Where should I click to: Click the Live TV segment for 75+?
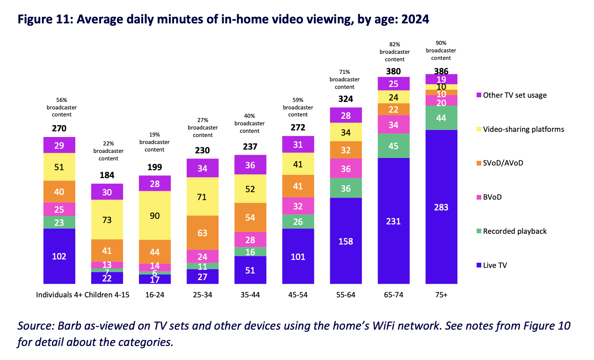[x=441, y=207]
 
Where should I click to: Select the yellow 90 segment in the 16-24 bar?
[x=155, y=216]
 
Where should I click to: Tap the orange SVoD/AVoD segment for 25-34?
[x=203, y=232]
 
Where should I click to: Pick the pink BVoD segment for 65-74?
[x=393, y=125]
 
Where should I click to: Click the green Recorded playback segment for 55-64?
[x=346, y=188]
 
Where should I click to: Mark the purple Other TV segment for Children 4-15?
[x=107, y=192]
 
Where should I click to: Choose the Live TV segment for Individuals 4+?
[x=59, y=256]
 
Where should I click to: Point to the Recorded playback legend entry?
[x=514, y=231]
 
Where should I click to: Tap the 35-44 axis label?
[x=250, y=295]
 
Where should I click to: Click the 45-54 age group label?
[x=298, y=295]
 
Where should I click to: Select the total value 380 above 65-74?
[x=393, y=72]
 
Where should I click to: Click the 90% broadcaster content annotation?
[x=441, y=50]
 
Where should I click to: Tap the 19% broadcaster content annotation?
[x=155, y=142]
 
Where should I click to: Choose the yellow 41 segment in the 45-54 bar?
[x=298, y=164]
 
